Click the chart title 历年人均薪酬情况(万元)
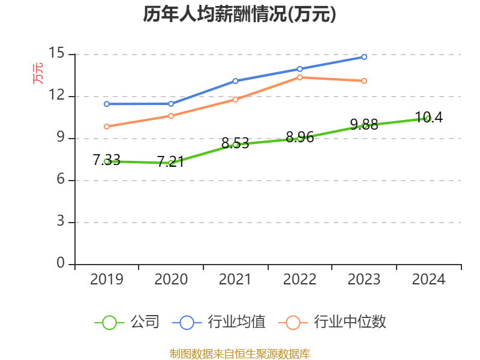(239, 14)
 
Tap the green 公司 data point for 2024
(428, 118)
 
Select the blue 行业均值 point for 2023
(364, 57)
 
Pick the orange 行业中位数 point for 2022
(300, 77)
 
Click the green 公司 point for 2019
(107, 161)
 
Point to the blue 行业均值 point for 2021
(235, 80)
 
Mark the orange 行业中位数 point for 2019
(107, 126)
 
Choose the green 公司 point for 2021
(235, 145)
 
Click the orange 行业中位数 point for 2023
(364, 80)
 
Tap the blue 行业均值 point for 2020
(171, 104)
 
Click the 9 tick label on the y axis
(60, 138)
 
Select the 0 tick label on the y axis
(60, 264)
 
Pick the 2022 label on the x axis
(299, 280)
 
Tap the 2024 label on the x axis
(428, 280)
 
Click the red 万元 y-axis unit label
(38, 73)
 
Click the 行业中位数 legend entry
(333, 322)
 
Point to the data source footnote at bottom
(239, 354)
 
